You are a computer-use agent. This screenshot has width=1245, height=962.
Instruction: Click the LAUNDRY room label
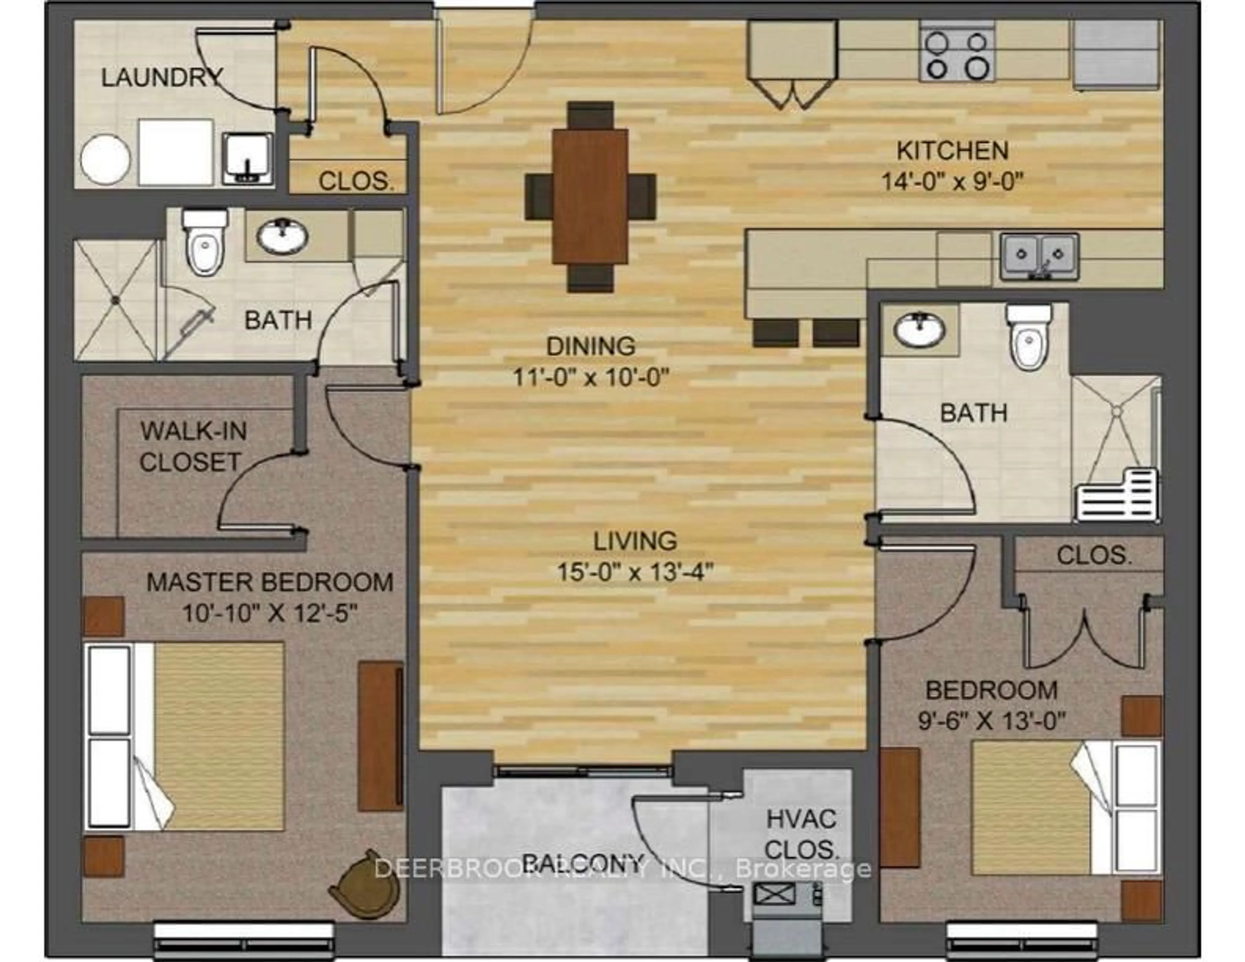(162, 77)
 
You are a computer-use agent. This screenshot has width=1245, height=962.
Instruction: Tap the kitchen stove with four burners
(957, 51)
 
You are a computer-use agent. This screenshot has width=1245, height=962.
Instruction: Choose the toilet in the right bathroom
(1029, 337)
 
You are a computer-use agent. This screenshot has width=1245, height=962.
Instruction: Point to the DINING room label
(591, 346)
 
